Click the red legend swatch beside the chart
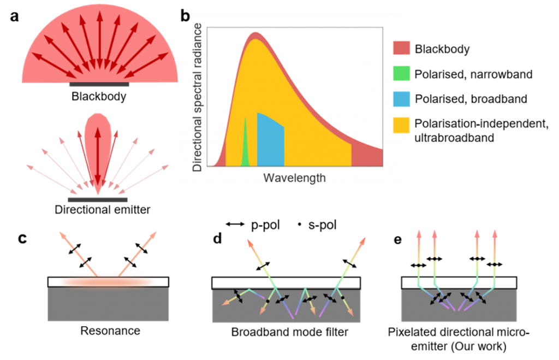[x=402, y=48]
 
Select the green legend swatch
[x=402, y=73]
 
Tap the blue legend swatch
[x=402, y=99]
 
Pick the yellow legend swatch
[x=402, y=125]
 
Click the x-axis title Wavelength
[x=294, y=178]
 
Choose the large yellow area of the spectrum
[x=306, y=109]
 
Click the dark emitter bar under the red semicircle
[x=99, y=85]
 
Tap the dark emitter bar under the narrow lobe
[x=98, y=200]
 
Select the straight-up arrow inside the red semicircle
[x=99, y=38]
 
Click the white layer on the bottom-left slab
[x=108, y=282]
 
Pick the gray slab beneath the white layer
[x=108, y=305]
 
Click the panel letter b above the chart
[x=185, y=17]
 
